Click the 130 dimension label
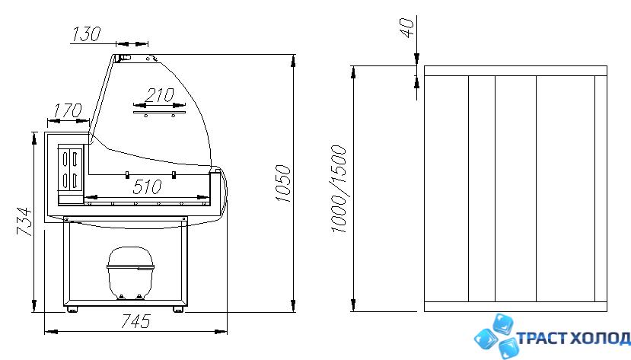(86, 34)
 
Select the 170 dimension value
(68, 110)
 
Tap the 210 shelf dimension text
(159, 95)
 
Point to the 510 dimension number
(147, 187)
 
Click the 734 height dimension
(24, 221)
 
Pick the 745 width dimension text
(135, 321)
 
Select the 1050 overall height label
(283, 183)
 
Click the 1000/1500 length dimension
(339, 189)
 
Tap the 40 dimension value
(407, 27)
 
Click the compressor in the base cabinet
(130, 272)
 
